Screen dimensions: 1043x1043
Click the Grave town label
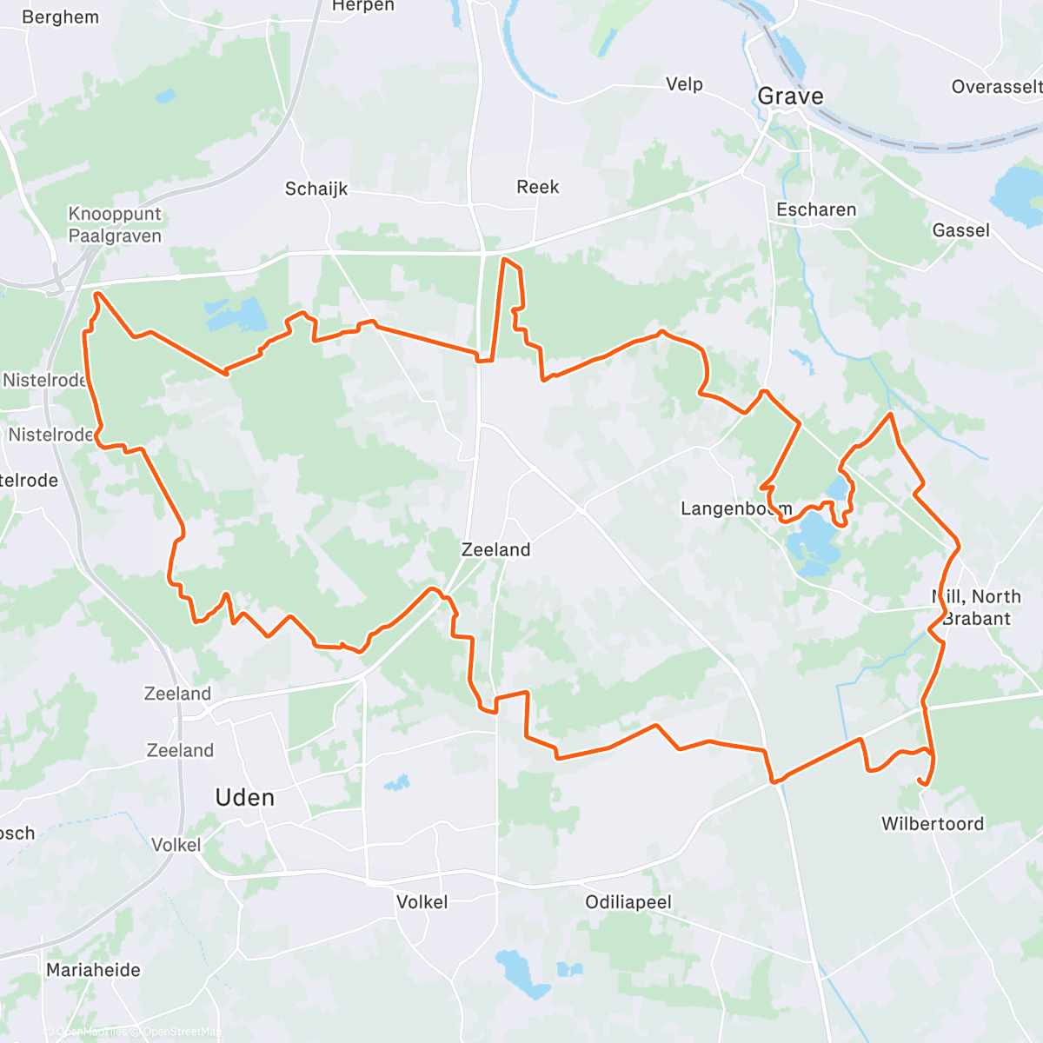pyautogui.click(x=790, y=96)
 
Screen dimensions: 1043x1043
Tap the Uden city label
pyautogui.click(x=245, y=798)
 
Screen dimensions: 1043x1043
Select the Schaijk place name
pyautogui.click(x=316, y=189)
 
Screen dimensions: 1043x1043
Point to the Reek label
pyautogui.click(x=538, y=187)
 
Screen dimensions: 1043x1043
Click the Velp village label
pyautogui.click(x=684, y=84)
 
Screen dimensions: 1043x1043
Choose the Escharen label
pyautogui.click(x=816, y=209)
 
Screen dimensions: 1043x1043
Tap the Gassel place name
pyautogui.click(x=960, y=230)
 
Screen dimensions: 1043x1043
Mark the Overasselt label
pyautogui.click(x=996, y=87)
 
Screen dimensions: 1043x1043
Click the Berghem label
pyautogui.click(x=60, y=17)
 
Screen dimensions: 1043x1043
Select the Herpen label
pyautogui.click(x=363, y=7)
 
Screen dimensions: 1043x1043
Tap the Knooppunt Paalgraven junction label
pyautogui.click(x=115, y=225)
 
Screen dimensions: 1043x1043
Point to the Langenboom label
pyautogui.click(x=735, y=508)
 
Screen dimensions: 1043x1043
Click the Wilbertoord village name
pyautogui.click(x=933, y=824)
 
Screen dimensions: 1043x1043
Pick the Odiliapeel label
pyautogui.click(x=628, y=902)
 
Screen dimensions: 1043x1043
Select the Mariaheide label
pyautogui.click(x=93, y=970)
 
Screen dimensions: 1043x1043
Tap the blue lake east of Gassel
pyautogui.click(x=1019, y=193)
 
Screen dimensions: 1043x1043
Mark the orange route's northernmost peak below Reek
pyautogui.click(x=505, y=258)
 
